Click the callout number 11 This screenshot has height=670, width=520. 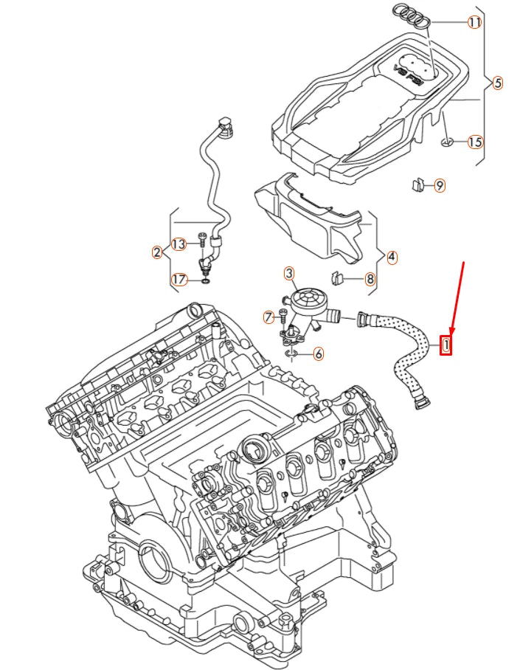coord(475,22)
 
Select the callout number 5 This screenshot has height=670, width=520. coord(497,83)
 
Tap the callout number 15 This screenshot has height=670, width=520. coord(475,142)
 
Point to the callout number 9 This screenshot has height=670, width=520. coord(439,185)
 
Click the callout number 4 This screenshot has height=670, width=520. coord(392,258)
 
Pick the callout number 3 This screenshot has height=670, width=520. coord(289,274)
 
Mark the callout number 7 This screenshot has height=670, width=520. coord(269,317)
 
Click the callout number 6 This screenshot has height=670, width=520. coord(318,354)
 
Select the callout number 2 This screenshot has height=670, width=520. coord(156,252)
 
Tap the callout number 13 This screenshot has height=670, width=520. coord(178,244)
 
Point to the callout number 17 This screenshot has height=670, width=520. coord(178,279)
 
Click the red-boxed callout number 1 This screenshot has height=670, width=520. coord(446,344)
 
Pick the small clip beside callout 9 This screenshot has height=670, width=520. coord(417,184)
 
